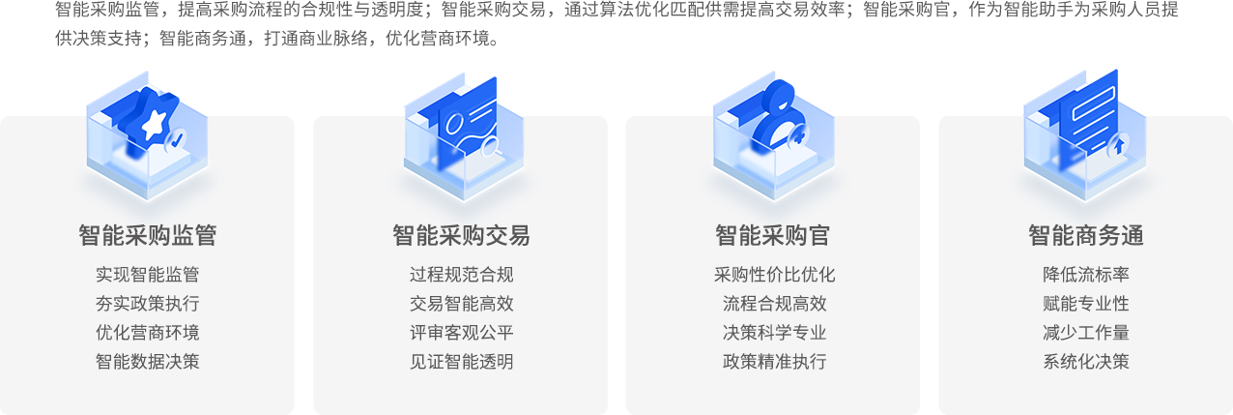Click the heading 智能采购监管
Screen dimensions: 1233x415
148,235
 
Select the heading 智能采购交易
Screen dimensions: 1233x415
461,235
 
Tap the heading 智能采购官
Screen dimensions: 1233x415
772,235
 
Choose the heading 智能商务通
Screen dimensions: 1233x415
1086,235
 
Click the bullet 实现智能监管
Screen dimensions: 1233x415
148,275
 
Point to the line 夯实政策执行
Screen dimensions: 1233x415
148,304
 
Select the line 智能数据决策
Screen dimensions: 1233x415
148,362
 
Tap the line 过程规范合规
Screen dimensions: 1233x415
461,275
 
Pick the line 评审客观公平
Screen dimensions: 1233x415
461,333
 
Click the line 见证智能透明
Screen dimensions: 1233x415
461,362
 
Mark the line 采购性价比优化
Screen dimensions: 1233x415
774,275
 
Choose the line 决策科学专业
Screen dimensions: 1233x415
774,333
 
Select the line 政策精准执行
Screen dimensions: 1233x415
774,362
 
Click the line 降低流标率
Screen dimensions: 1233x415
1086,275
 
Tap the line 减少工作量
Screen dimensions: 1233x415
1086,333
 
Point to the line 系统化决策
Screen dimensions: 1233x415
1086,362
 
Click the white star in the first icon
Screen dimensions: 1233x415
155,125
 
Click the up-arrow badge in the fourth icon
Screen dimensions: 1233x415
1119,146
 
